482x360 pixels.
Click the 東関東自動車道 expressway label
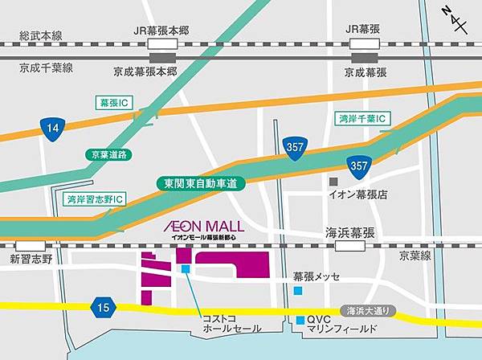coord(201,183)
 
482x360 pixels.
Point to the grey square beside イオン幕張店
coord(333,180)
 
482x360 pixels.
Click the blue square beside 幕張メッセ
coord(298,290)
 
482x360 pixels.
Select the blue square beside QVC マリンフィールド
coord(300,320)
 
